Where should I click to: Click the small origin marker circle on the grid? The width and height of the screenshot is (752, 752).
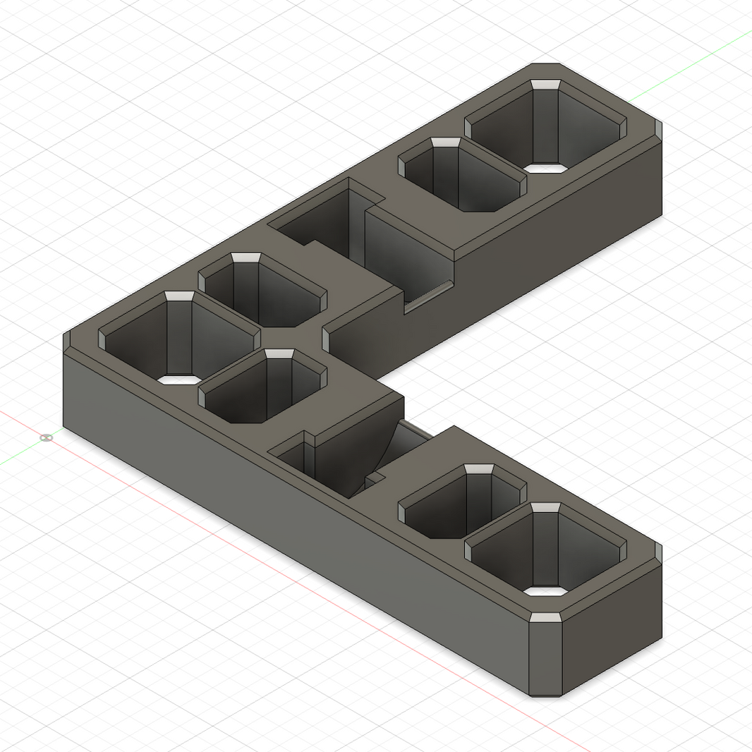pos(47,438)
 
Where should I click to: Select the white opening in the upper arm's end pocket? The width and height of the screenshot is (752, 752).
pos(547,169)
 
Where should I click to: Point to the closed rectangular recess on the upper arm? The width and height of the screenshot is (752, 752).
pos(317,219)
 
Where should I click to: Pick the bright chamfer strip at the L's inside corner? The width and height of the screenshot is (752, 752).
pos(326,339)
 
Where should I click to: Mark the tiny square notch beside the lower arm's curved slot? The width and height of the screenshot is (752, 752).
pos(375,479)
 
